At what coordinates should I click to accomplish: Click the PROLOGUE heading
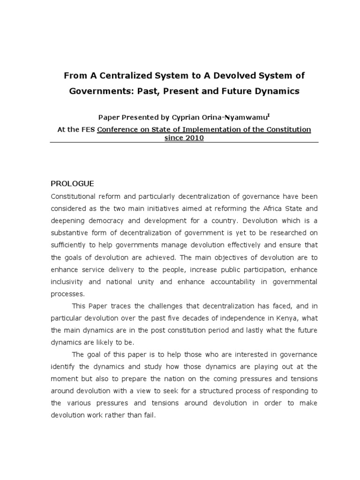coord(73,183)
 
